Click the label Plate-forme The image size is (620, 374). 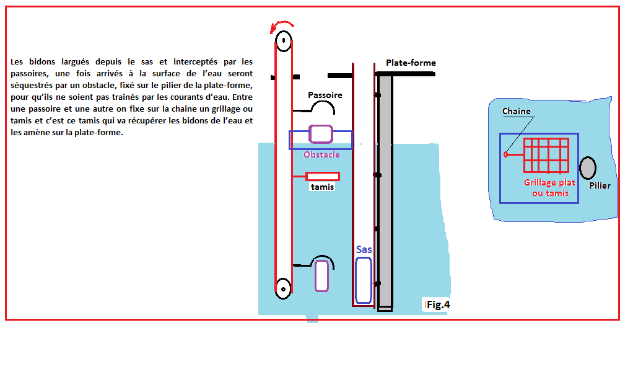pos(411,63)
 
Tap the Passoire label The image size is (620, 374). pos(325,95)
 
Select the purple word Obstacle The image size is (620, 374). pos(321,154)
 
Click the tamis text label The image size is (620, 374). pos(322,187)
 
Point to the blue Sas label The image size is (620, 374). pos(364,249)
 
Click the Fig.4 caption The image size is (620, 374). pos(438,305)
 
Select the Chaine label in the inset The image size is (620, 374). pos(516,111)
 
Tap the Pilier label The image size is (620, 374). pos(600,185)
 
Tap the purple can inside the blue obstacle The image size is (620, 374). pos(321,134)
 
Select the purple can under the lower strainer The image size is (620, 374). pos(322,276)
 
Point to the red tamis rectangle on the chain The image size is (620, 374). pos(323,177)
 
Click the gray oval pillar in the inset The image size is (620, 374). pos(588,168)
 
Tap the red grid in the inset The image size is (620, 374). pos(546,156)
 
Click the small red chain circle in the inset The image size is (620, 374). pos(506,154)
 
